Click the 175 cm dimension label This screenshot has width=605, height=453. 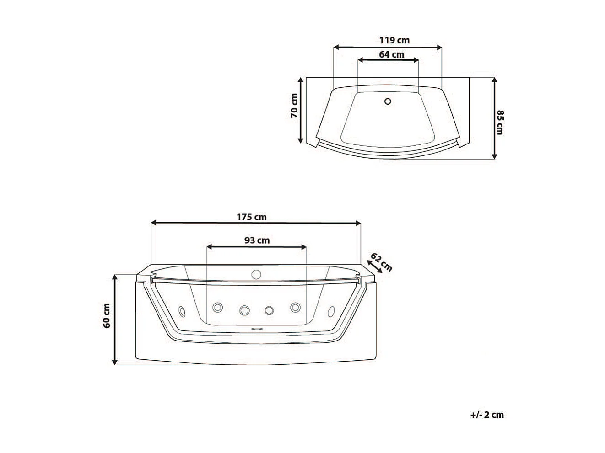tap(251, 217)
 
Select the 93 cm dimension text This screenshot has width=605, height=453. tap(257, 240)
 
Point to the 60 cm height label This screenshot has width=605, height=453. tap(107, 315)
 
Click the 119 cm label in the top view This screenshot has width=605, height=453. tap(394, 40)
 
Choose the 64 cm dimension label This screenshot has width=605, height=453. tap(392, 54)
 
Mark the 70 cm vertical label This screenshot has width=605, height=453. tap(294, 106)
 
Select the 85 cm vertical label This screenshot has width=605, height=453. tap(500, 122)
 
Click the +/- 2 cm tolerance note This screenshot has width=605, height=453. tap(486, 415)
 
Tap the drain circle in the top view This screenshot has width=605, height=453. tap(388, 101)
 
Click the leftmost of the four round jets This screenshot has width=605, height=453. tap(218, 308)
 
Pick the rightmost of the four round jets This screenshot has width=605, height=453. tap(295, 307)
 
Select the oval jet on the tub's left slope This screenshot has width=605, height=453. tap(183, 311)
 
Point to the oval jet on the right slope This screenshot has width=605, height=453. tap(330, 311)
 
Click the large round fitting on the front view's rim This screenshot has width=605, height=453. tap(256, 274)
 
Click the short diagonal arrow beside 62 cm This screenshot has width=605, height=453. tap(374, 266)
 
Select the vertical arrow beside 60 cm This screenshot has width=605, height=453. tap(115, 320)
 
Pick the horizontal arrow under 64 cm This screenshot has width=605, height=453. tap(388, 60)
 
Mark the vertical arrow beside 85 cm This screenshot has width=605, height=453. tap(494, 118)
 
